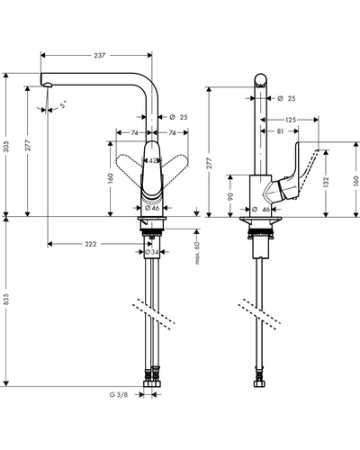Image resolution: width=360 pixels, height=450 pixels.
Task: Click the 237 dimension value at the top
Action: click(x=100, y=55)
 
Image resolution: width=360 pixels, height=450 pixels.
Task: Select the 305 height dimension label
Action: click(x=6, y=146)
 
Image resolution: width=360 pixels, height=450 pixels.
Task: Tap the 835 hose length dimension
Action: click(x=6, y=300)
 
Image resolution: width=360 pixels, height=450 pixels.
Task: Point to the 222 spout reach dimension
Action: click(x=91, y=244)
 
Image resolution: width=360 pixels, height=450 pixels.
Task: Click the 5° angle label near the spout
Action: click(x=63, y=105)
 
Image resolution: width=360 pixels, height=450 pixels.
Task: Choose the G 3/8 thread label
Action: click(x=119, y=395)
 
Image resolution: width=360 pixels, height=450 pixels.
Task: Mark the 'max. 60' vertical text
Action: click(x=197, y=253)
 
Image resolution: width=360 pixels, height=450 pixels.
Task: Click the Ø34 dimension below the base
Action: click(x=152, y=253)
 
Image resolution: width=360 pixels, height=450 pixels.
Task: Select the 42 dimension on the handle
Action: click(x=153, y=161)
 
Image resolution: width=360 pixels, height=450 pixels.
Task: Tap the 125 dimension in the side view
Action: click(x=291, y=120)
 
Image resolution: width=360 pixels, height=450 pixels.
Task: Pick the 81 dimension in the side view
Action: click(x=280, y=131)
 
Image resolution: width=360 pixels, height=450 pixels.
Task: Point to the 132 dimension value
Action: click(x=327, y=182)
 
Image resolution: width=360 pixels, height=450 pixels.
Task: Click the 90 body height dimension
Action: click(x=230, y=196)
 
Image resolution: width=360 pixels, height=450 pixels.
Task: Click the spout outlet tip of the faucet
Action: click(x=48, y=85)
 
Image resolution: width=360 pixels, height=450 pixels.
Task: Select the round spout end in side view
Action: click(x=260, y=80)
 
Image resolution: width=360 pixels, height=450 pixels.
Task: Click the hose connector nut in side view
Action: click(x=258, y=383)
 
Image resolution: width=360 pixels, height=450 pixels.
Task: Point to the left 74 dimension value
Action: click(x=134, y=133)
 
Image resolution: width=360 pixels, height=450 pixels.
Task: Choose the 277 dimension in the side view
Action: click(x=210, y=163)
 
